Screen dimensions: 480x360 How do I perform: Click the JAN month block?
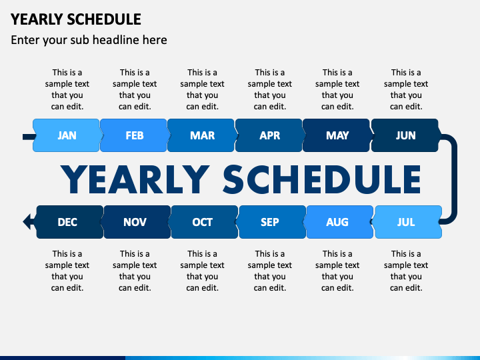coord(67,135)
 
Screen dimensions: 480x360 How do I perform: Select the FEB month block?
coord(135,135)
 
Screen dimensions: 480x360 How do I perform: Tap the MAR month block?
coord(203,135)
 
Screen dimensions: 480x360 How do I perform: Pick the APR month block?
coord(270,135)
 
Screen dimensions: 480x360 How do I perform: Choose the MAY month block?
coord(337,135)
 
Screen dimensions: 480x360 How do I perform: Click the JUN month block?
coord(405,135)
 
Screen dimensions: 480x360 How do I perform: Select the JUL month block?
coord(406,222)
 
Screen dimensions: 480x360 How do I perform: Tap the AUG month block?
coord(337,222)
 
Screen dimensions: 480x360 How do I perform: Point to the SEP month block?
coord(270,222)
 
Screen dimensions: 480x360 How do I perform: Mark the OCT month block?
coord(203,222)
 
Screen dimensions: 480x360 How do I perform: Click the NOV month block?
coord(135,222)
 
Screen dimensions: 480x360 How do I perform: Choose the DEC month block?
coord(67,222)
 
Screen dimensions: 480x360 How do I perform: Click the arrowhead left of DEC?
coord(28,221)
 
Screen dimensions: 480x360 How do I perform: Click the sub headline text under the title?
coord(89,40)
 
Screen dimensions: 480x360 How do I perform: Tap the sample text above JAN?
coord(67,89)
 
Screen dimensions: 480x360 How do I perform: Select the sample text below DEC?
coord(67,271)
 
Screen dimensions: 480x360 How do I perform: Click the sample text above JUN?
coord(406,89)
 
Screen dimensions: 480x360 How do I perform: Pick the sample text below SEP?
coord(270,271)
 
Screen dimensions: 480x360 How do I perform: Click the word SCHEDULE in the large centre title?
coord(321,179)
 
